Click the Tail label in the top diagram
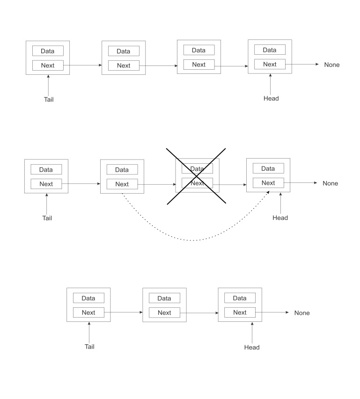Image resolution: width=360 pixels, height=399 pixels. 49,99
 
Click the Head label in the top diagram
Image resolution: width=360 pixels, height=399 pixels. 271,98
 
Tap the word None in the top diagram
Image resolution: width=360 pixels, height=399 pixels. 332,65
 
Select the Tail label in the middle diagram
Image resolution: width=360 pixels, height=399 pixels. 47,218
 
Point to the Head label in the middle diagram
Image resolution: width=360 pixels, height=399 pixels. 280,218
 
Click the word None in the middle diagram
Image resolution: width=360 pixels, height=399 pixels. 330,183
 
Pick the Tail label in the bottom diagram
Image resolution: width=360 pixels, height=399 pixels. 89,347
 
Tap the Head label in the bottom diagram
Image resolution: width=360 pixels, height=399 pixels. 252,347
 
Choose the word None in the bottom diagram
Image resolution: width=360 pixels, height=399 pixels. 302,313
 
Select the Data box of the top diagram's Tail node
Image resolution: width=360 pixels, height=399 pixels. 48,51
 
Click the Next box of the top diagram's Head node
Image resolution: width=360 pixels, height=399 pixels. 270,65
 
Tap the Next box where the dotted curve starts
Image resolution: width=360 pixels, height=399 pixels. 122,184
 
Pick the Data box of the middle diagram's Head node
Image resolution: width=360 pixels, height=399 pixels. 268,168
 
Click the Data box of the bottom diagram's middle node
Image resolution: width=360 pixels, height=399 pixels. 164,298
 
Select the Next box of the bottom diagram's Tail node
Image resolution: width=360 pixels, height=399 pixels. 88,312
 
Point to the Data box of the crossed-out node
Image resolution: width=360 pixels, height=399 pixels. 197,168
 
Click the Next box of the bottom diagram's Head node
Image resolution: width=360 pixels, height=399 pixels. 240,312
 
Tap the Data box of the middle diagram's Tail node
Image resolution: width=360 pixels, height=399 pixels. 46,169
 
